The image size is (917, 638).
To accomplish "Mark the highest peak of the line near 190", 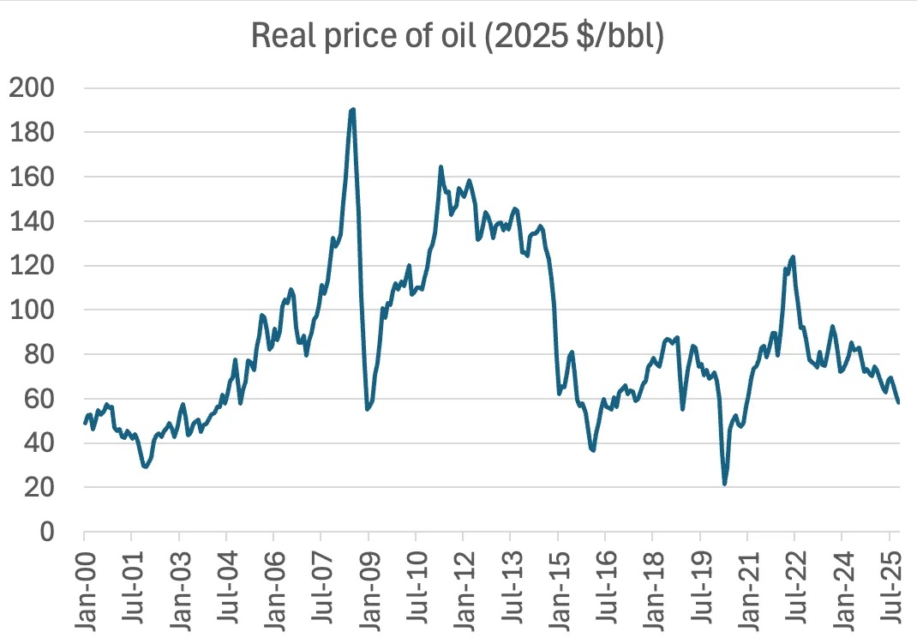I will [352, 110].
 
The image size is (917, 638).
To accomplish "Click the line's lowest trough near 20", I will [725, 484].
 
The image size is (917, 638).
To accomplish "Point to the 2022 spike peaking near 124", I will [793, 256].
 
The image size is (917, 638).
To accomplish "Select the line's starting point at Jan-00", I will [85, 423].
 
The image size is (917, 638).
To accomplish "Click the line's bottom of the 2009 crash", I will [367, 409].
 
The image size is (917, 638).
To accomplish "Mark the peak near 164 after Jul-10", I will [441, 167].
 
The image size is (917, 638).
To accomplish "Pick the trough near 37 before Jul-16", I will [593, 449].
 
